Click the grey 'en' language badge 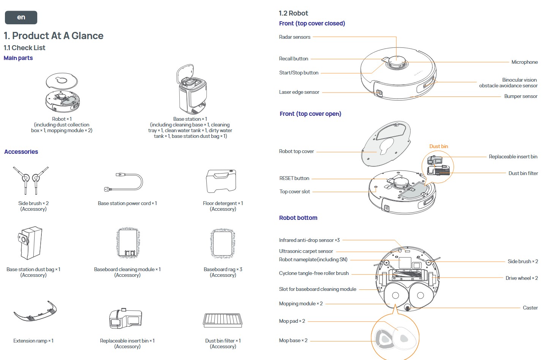pyautogui.click(x=21, y=17)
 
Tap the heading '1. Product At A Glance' pyautogui.click(x=54, y=36)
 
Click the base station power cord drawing pyautogui.click(x=124, y=183)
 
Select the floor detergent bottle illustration pyautogui.click(x=221, y=181)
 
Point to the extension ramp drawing pyautogui.click(x=35, y=312)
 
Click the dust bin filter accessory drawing pyautogui.click(x=223, y=321)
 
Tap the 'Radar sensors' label pyautogui.click(x=294, y=37)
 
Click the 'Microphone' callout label pyautogui.click(x=524, y=62)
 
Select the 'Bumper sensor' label pyautogui.click(x=520, y=96)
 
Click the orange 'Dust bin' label pyautogui.click(x=438, y=147)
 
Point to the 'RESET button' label pyautogui.click(x=294, y=178)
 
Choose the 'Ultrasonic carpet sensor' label pyautogui.click(x=306, y=251)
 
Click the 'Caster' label pyautogui.click(x=530, y=308)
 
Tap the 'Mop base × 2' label pyautogui.click(x=293, y=341)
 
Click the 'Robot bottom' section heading pyautogui.click(x=298, y=218)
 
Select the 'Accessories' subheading pyautogui.click(x=21, y=152)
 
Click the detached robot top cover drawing pyautogui.click(x=386, y=144)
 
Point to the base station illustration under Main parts pyautogui.click(x=192, y=90)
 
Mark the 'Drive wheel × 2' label pyautogui.click(x=521, y=278)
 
